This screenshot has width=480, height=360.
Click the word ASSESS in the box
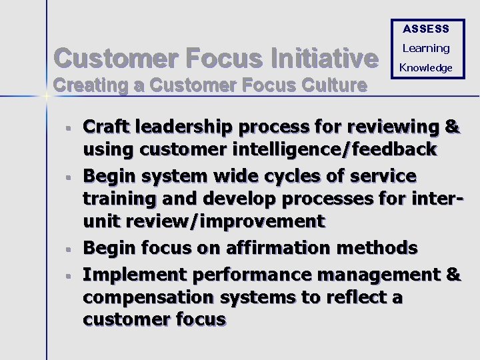(426, 29)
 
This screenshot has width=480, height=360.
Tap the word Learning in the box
(426, 48)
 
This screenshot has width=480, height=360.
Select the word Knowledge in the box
(426, 67)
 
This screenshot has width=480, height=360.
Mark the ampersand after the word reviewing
(451, 126)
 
